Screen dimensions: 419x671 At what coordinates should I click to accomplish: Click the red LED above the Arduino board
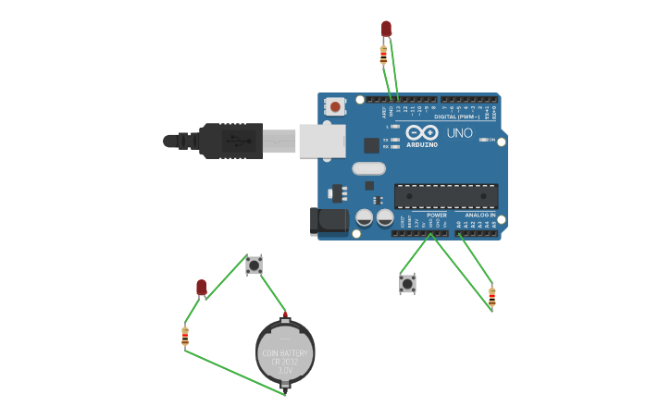pyautogui.click(x=386, y=29)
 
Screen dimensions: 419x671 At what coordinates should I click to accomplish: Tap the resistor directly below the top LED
pyautogui.click(x=383, y=55)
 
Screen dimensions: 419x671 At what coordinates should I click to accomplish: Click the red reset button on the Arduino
pyautogui.click(x=335, y=106)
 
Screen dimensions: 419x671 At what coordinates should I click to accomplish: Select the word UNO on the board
pyautogui.click(x=460, y=133)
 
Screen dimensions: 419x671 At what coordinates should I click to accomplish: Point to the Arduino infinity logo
pyautogui.click(x=421, y=132)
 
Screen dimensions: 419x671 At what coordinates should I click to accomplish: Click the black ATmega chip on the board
pyautogui.click(x=446, y=196)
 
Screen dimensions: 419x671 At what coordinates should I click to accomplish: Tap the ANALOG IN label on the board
pyautogui.click(x=479, y=215)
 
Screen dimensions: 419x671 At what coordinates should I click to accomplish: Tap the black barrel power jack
pyautogui.click(x=328, y=221)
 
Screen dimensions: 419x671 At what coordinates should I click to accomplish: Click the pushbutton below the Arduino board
pyautogui.click(x=407, y=283)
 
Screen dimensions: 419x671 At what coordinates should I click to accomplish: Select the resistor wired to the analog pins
pyautogui.click(x=491, y=296)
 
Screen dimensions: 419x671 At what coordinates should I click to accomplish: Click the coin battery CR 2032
pyautogui.click(x=285, y=351)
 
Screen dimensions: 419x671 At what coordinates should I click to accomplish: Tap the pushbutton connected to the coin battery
pyautogui.click(x=254, y=265)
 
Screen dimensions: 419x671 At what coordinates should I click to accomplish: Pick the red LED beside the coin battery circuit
pyautogui.click(x=201, y=288)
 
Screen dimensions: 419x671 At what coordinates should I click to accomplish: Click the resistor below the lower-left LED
pyautogui.click(x=185, y=335)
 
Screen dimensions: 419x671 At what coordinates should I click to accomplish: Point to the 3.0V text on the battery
pyautogui.click(x=285, y=369)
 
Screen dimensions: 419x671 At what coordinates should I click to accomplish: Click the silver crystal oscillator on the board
pyautogui.click(x=368, y=168)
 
